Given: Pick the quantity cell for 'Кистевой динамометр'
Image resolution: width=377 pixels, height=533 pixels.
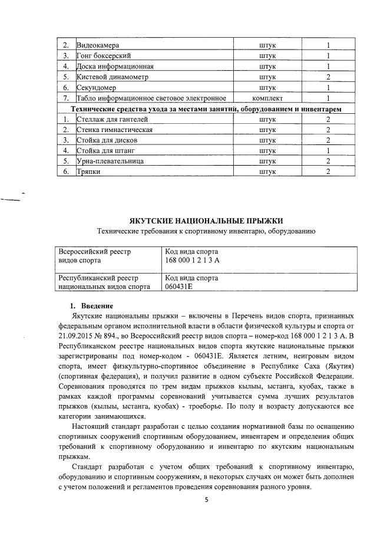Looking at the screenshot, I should point(328,77).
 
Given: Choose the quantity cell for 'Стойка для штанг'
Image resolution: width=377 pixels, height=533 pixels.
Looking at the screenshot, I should point(328,150).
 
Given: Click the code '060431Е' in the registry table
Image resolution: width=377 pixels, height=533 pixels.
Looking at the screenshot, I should point(180,287).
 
